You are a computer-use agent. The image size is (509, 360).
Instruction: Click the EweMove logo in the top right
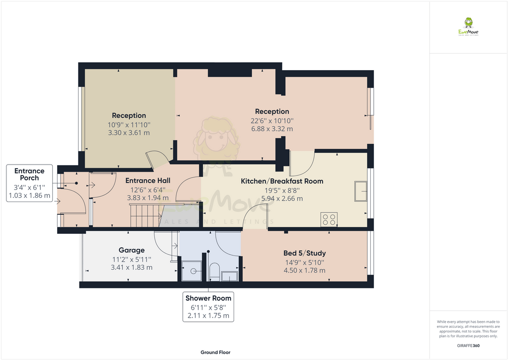coord(468,27)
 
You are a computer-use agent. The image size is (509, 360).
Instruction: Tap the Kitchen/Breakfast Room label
coord(282,181)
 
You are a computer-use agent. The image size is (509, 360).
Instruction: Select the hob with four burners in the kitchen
coord(329,219)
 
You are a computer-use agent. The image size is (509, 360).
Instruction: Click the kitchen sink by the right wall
coord(361,191)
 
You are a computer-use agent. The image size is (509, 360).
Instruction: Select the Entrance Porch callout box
coord(29,183)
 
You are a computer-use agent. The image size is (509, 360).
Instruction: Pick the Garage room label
coord(132,250)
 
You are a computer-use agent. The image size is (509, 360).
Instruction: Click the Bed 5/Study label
coord(304,253)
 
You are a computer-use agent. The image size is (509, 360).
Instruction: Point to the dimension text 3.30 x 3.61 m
coord(129,133)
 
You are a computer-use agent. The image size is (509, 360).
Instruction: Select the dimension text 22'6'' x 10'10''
coord(272,120)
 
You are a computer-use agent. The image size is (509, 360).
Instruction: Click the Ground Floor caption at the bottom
coord(215,352)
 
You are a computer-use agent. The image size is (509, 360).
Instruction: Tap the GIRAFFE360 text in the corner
coord(468,345)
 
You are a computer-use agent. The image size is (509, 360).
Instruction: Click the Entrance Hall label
coord(148,180)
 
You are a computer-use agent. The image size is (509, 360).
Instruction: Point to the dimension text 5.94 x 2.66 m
coord(282,198)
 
